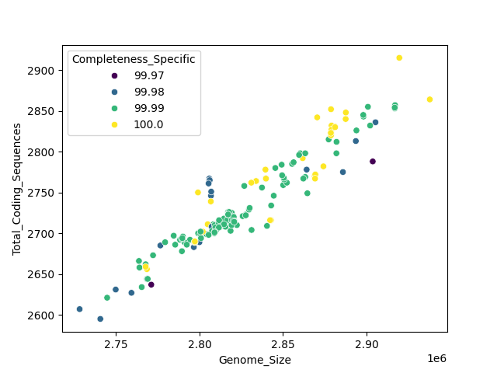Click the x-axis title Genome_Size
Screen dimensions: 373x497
pos(255,360)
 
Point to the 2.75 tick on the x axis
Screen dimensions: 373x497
pos(116,344)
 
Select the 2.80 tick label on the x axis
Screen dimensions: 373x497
pos(200,344)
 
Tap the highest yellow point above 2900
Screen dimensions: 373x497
pos(399,58)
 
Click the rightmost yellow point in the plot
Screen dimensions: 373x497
pos(429,99)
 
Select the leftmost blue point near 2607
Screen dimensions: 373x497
pos(79,309)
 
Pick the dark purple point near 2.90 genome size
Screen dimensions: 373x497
pos(373,162)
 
